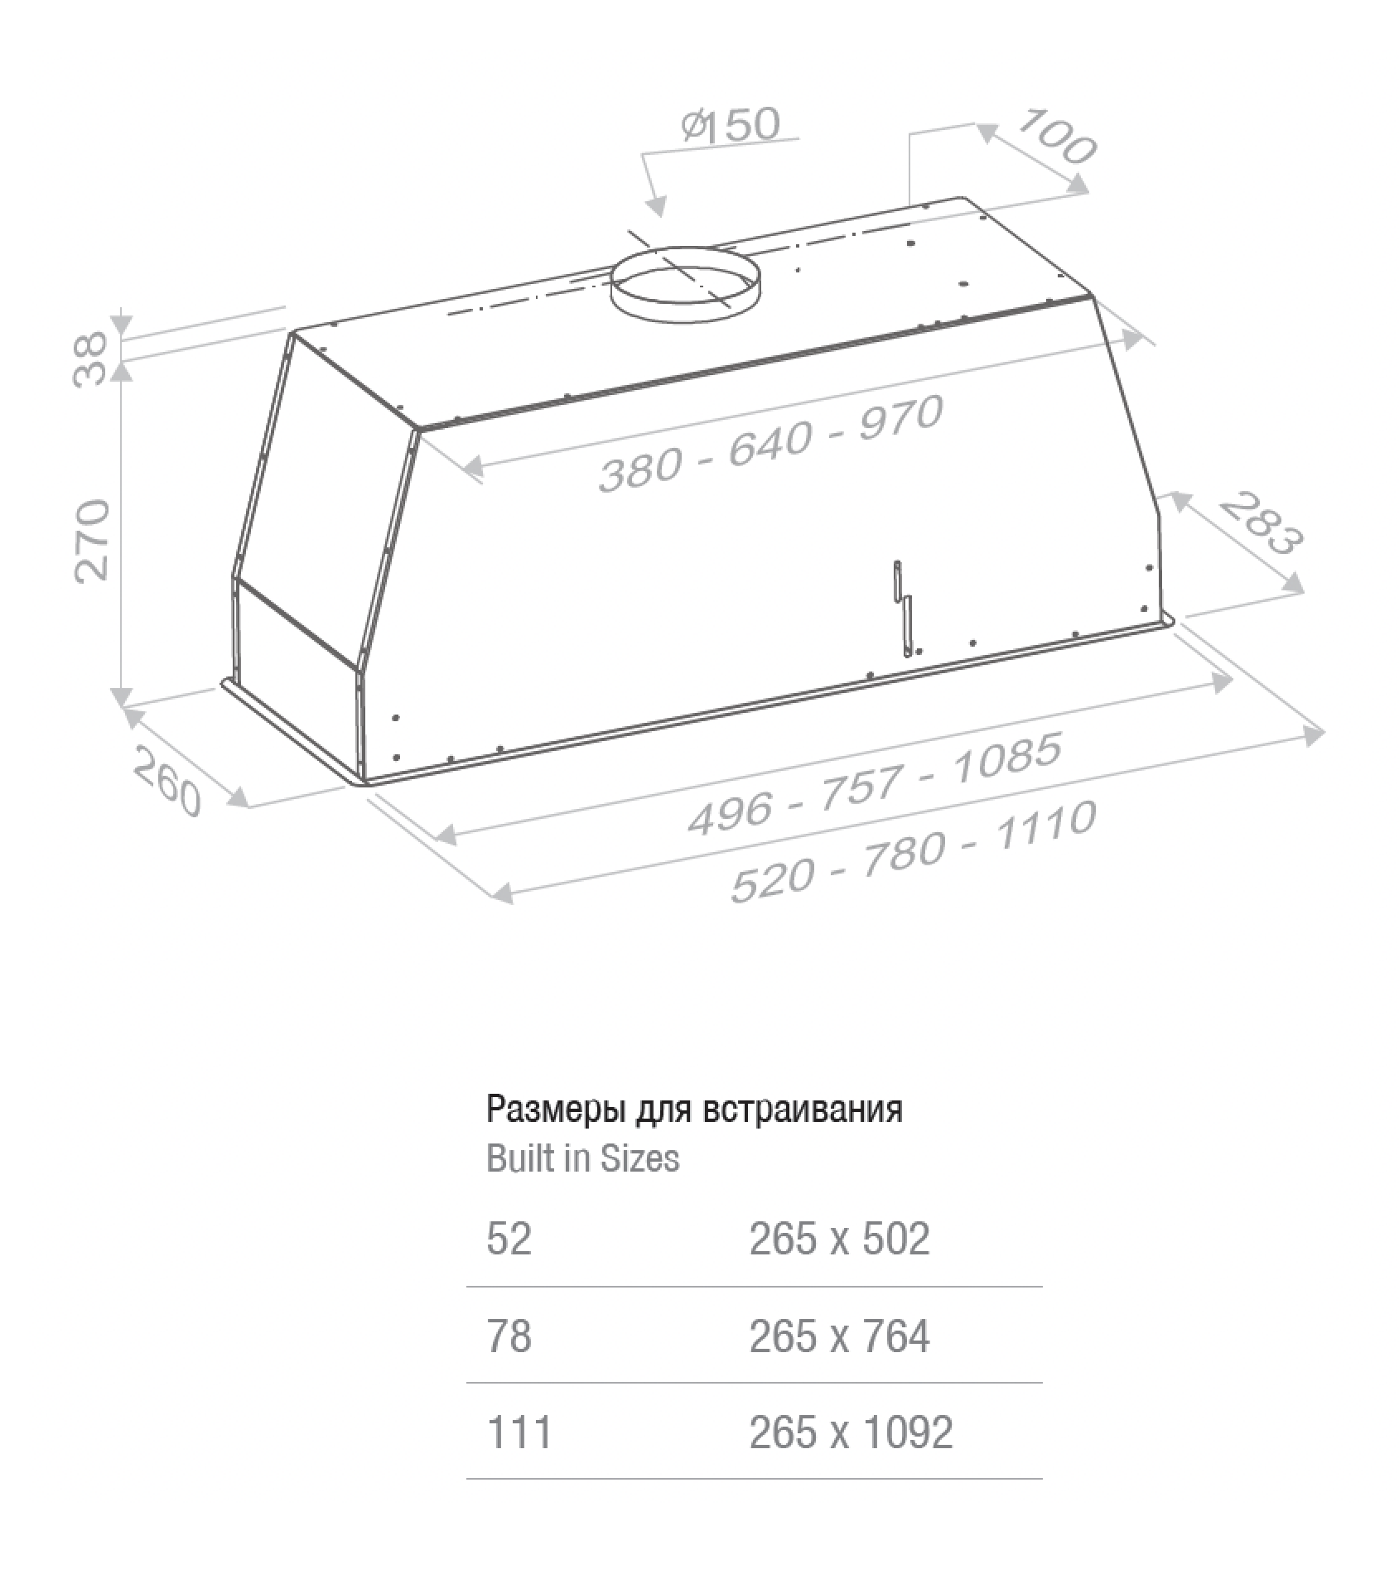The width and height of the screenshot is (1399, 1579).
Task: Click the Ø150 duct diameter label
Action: click(731, 123)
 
